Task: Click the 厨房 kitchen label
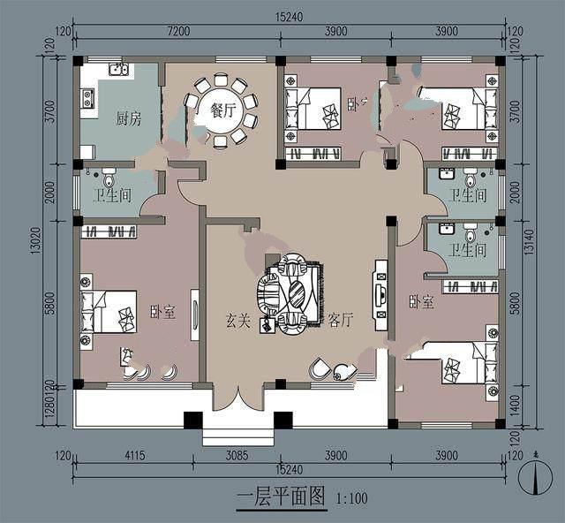pyautogui.click(x=129, y=119)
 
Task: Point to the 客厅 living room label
pyautogui.click(x=341, y=321)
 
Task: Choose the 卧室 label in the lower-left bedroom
pyautogui.click(x=162, y=310)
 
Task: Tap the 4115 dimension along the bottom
pyautogui.click(x=135, y=456)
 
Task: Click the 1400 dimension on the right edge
pyautogui.click(x=516, y=408)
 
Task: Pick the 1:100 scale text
pyautogui.click(x=351, y=498)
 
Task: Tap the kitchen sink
pyautogui.click(x=118, y=70)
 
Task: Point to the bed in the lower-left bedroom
pyautogui.click(x=109, y=312)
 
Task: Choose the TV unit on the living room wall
pyautogui.click(x=381, y=294)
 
